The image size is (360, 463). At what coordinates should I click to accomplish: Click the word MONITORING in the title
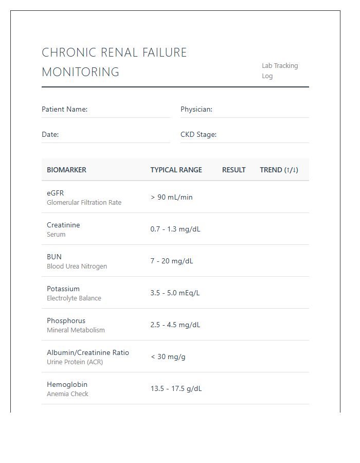[x=80, y=72]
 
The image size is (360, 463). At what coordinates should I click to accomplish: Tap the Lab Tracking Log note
[x=279, y=70]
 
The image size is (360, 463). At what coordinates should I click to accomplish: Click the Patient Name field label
[x=64, y=109]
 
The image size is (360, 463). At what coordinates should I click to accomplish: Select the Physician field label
[x=196, y=109]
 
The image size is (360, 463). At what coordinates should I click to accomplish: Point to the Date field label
[x=50, y=134]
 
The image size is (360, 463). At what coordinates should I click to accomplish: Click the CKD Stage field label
[x=198, y=134]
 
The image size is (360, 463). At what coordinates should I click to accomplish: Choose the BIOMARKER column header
[x=66, y=170]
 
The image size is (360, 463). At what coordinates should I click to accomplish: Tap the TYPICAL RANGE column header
[x=176, y=170]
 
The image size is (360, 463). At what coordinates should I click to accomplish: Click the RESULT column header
[x=233, y=170]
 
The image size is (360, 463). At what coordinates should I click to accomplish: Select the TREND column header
[x=279, y=170]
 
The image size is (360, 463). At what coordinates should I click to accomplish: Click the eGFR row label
[x=55, y=193]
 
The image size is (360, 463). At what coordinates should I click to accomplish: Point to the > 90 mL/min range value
[x=171, y=197]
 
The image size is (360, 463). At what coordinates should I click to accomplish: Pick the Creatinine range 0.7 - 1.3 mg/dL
[x=175, y=229]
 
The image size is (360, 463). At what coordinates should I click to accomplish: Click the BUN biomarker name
[x=54, y=257]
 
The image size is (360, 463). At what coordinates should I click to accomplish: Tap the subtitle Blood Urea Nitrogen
[x=77, y=266]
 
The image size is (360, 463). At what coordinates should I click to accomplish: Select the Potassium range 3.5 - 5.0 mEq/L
[x=175, y=293]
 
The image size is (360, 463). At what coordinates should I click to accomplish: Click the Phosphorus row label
[x=66, y=320]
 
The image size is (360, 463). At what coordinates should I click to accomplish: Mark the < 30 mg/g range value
[x=168, y=357]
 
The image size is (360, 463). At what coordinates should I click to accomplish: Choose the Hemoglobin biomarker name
[x=67, y=384]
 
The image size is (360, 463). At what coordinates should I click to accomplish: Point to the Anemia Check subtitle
[x=67, y=394]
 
